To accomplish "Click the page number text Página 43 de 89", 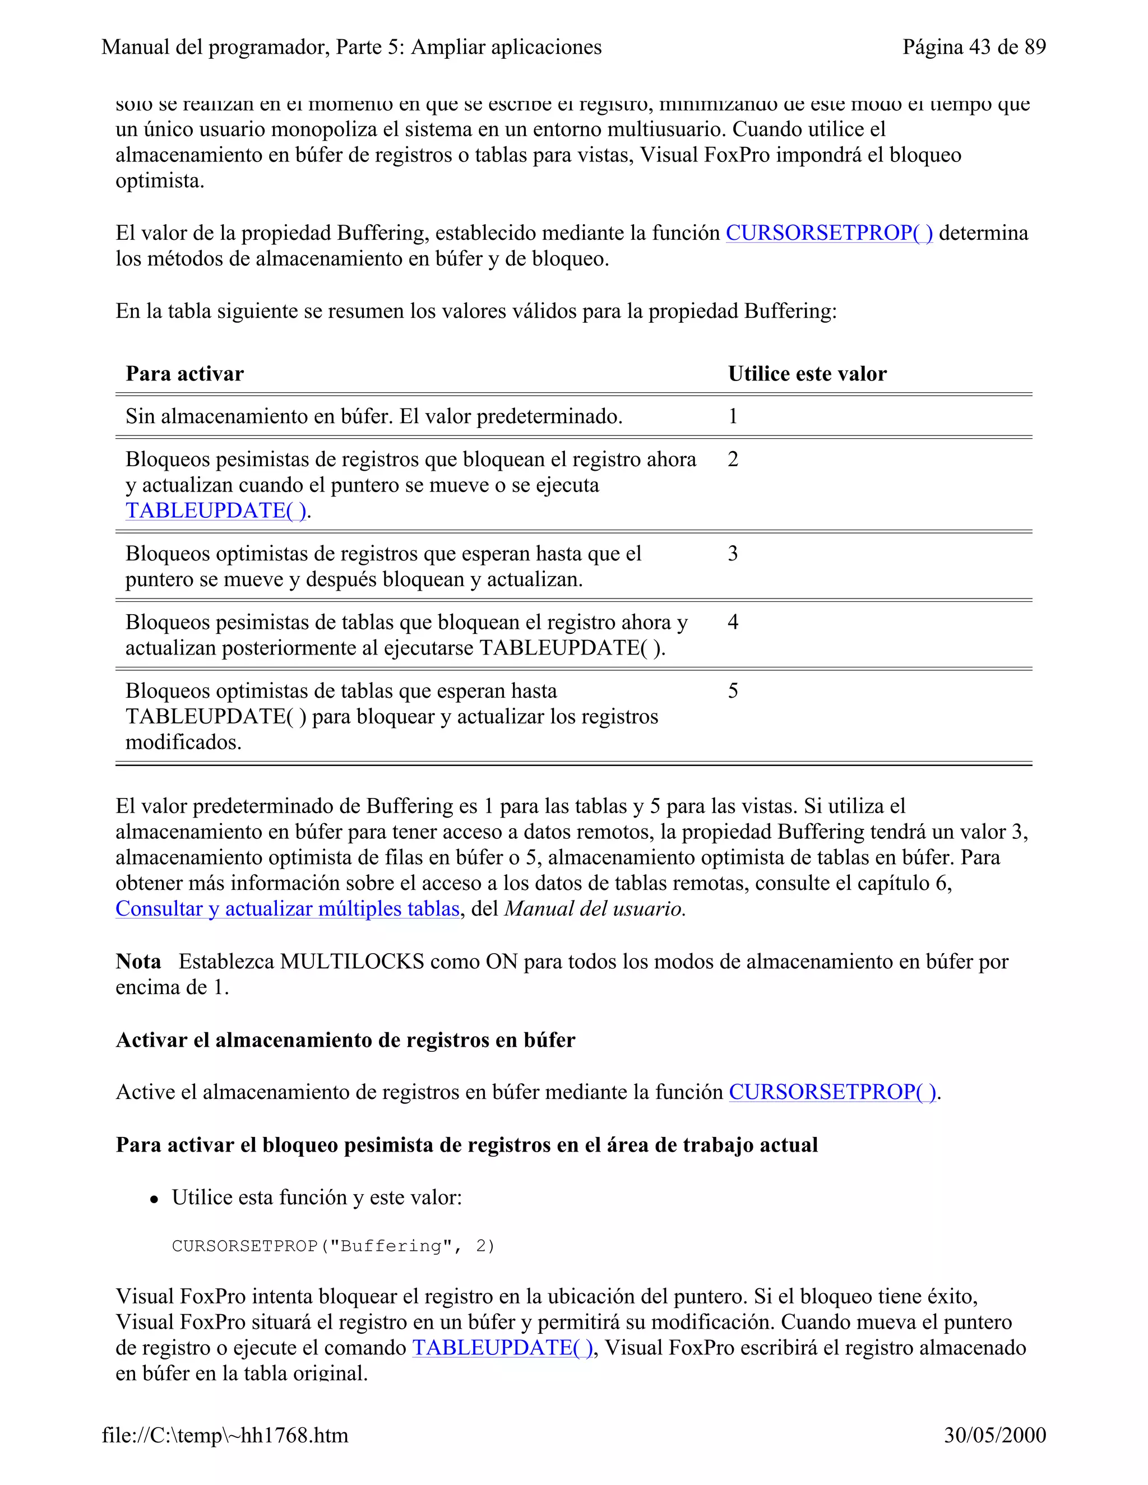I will (973, 47).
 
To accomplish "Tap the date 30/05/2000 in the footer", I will (994, 1435).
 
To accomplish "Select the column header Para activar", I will (184, 374).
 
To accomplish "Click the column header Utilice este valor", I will (807, 374).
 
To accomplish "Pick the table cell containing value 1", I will (733, 416).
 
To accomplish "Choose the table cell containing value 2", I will (733, 460).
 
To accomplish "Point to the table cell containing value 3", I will (733, 554).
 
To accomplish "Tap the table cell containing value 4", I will (733, 622).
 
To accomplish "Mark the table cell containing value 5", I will (733, 691).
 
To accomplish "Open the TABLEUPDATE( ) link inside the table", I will (216, 511).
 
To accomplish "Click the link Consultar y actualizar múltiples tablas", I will (288, 909).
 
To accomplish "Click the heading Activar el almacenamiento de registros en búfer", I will (345, 1039).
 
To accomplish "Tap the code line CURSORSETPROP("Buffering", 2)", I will (334, 1246).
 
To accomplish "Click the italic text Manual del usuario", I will (594, 909).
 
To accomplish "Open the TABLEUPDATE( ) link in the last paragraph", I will (503, 1348).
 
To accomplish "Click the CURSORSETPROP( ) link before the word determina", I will (828, 233).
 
